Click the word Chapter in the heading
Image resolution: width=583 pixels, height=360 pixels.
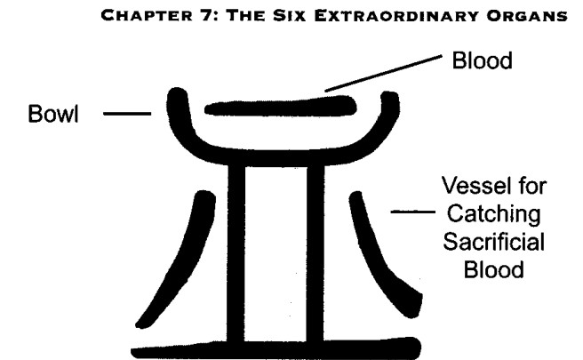coord(147,16)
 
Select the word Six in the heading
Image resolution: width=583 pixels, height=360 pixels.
coord(289,16)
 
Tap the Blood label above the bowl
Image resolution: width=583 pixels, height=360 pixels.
coord(483,60)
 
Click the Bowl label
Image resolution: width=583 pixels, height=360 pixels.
coord(53,114)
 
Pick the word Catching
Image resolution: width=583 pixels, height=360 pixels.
coord(494,214)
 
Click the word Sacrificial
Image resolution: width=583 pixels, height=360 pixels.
coord(494,242)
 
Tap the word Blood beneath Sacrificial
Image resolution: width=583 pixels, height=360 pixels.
coord(494,269)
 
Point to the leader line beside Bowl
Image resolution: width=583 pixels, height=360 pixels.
coord(127,114)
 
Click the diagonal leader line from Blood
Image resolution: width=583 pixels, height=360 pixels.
coord(383,73)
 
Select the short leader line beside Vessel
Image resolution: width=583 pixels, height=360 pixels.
coord(412,212)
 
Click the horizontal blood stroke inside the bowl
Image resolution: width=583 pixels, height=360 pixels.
coord(281,106)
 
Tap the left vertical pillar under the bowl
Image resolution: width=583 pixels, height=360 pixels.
coord(236,253)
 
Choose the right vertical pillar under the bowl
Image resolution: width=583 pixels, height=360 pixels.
coord(315,253)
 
